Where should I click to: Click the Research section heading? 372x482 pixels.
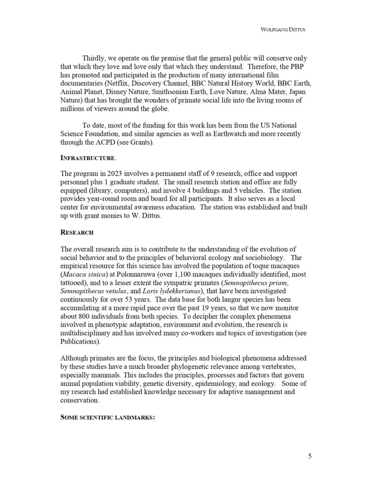pyautogui.click(x=77, y=233)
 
